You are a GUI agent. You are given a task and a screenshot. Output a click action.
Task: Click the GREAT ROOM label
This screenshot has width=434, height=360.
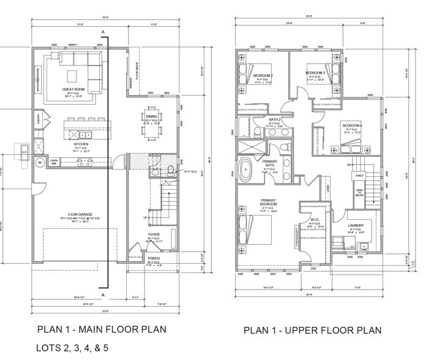73,89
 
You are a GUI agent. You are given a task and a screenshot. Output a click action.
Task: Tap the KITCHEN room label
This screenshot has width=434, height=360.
81,144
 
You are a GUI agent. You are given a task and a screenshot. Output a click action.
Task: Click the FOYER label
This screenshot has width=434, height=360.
154,235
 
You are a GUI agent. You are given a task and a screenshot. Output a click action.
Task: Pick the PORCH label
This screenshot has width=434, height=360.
153,258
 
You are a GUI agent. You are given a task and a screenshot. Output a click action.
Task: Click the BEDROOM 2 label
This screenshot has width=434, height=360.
263,75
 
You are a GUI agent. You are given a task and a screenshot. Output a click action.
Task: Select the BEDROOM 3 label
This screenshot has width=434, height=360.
315,73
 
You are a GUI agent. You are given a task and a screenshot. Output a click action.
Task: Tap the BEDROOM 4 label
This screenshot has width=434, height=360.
352,126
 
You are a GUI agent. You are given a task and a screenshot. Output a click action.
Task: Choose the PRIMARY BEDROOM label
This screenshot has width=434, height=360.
269,203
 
